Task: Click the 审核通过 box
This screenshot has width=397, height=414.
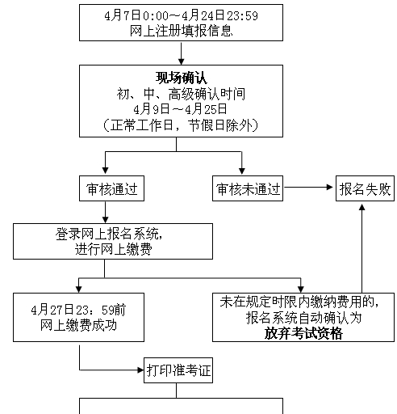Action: click(111, 188)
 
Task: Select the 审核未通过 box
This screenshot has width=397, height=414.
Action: click(248, 188)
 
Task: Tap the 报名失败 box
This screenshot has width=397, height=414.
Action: click(365, 188)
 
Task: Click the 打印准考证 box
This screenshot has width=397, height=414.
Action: click(178, 370)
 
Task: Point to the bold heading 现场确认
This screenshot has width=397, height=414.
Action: click(182, 78)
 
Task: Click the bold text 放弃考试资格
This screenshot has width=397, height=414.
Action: click(303, 333)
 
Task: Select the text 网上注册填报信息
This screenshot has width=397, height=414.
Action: click(182, 31)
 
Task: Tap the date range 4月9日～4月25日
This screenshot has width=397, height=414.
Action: click(180, 109)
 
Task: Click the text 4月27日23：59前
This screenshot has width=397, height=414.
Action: click(78, 310)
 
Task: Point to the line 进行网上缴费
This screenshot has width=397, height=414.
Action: click(113, 249)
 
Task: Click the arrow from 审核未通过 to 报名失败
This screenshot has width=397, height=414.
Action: click(308, 187)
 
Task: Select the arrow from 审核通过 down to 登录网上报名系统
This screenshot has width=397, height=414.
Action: click(105, 212)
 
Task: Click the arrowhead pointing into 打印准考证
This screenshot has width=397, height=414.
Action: click(140, 370)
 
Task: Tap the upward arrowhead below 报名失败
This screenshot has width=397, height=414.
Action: click(362, 207)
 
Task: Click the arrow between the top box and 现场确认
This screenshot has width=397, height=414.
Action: click(182, 53)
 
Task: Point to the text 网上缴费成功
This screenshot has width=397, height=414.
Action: click(78, 325)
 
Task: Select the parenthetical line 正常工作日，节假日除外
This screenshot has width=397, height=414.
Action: click(181, 125)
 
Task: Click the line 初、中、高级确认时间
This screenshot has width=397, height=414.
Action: click(181, 94)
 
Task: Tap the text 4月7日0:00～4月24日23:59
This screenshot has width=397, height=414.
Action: click(182, 15)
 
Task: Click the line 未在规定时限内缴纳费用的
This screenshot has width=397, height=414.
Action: click(299, 302)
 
